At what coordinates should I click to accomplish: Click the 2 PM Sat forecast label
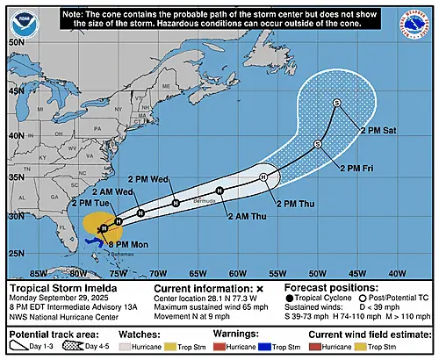379,129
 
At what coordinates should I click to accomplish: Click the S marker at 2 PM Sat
336,104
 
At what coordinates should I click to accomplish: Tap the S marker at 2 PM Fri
318,143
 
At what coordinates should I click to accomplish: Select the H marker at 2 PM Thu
263,178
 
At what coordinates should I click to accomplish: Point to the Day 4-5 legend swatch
92,348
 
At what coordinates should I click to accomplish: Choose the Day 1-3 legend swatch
25,348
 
